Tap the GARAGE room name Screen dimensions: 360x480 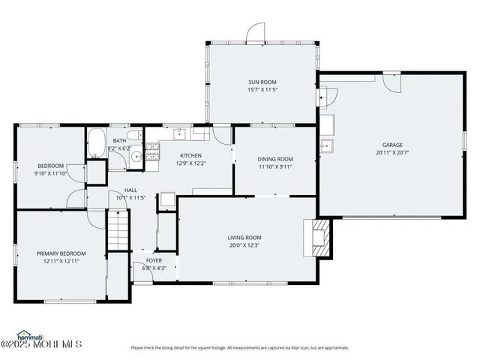tap(392, 145)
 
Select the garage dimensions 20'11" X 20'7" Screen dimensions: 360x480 tap(392, 152)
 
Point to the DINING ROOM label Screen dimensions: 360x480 tap(275, 159)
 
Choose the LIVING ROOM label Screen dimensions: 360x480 tap(244, 238)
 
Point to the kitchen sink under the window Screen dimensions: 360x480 tap(179, 133)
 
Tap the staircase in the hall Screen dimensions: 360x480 tap(118, 232)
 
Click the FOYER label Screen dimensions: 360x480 tap(153, 260)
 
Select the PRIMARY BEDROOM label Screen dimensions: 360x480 tap(61, 253)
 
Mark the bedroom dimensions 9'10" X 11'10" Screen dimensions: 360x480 tap(51, 173)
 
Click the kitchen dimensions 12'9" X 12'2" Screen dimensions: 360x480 tap(191, 163)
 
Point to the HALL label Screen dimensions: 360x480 tap(130, 190)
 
